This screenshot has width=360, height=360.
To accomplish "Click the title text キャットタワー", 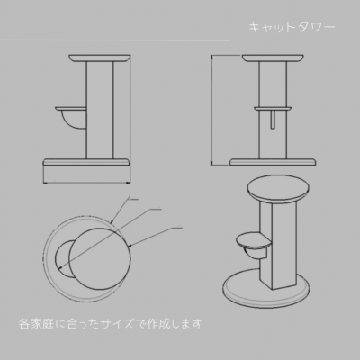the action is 292,28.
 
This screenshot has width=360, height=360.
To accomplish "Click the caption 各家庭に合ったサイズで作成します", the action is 110,324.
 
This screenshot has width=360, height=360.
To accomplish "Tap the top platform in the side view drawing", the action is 100,58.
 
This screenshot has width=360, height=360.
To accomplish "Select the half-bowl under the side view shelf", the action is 75,121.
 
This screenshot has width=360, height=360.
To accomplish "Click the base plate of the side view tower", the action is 87,162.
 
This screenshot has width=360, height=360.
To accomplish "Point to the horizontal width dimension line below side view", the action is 87,182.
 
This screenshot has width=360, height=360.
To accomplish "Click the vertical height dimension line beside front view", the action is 211,110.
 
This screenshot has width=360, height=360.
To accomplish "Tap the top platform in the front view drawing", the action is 273,58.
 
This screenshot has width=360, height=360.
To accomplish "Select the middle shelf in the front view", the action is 273,108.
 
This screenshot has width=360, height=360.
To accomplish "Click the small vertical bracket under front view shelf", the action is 272,120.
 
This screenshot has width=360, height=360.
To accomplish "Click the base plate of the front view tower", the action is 273,162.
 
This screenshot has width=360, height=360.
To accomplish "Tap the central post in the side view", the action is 100,110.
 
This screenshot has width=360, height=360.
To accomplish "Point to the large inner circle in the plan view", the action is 100,259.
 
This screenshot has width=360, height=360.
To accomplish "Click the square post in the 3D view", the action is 278,246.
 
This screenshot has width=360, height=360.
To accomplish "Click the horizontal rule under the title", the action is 115,40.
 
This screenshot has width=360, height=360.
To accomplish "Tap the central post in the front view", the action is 273,110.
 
